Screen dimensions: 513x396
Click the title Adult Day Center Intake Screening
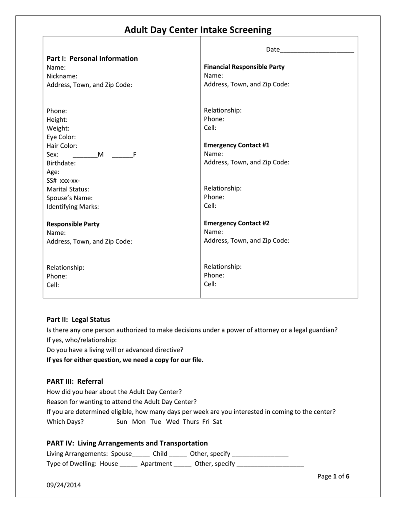[x=198, y=30]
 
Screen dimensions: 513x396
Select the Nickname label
[x=62, y=76]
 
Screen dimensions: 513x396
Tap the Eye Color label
[x=61, y=137]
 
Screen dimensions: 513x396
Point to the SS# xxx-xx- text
[x=63, y=181]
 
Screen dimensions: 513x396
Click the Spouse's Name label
[x=70, y=198]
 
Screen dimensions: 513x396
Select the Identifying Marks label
[x=73, y=207]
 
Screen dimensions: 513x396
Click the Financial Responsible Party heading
[x=244, y=67]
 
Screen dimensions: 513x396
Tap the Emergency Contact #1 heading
[x=236, y=145]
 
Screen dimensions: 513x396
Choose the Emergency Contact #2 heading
[x=236, y=223]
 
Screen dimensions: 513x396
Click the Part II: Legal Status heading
[x=78, y=320]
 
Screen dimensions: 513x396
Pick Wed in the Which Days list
[x=173, y=422]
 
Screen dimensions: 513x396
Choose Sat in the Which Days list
[x=217, y=422]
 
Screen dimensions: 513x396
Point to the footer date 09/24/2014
[x=64, y=485]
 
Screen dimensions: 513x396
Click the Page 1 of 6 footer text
[x=333, y=476]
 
